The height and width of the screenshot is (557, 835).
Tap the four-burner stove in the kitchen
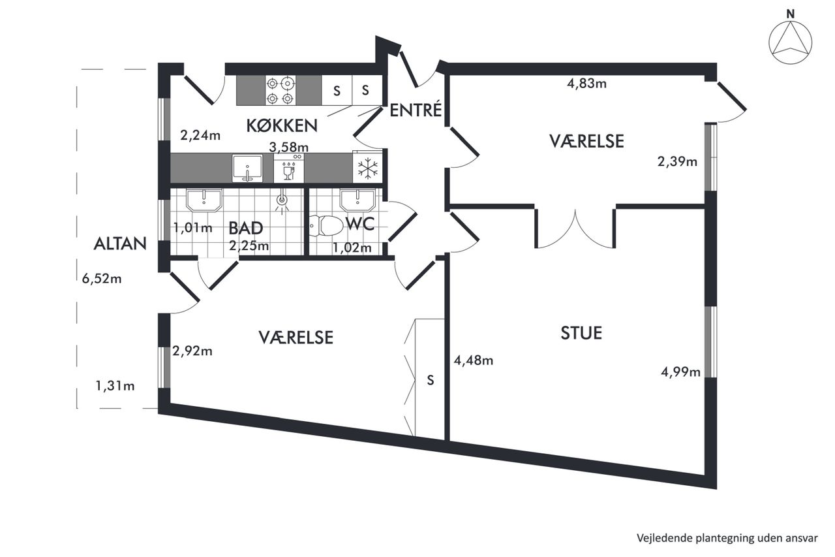[x=281, y=90]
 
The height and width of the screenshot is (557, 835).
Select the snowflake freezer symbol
[x=367, y=168]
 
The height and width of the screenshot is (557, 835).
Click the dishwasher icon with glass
[x=289, y=168]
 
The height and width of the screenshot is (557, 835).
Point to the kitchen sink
[x=247, y=168]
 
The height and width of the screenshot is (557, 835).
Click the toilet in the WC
[x=326, y=225]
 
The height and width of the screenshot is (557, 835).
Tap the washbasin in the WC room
[x=357, y=200]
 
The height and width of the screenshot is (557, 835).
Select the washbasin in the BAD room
[x=204, y=200]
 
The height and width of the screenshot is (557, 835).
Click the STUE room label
[x=581, y=333]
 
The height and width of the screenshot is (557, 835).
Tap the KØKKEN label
[x=282, y=126]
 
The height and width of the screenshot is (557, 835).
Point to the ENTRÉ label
[x=416, y=110]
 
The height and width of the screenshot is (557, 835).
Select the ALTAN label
[x=120, y=244]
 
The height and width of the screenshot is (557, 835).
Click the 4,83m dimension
[x=586, y=83]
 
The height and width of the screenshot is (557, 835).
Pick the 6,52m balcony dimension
[x=102, y=278]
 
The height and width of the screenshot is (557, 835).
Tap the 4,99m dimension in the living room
[x=680, y=372]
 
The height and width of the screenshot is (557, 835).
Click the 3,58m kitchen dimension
[x=289, y=147]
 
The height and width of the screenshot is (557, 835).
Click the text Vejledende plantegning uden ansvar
[x=727, y=537]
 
